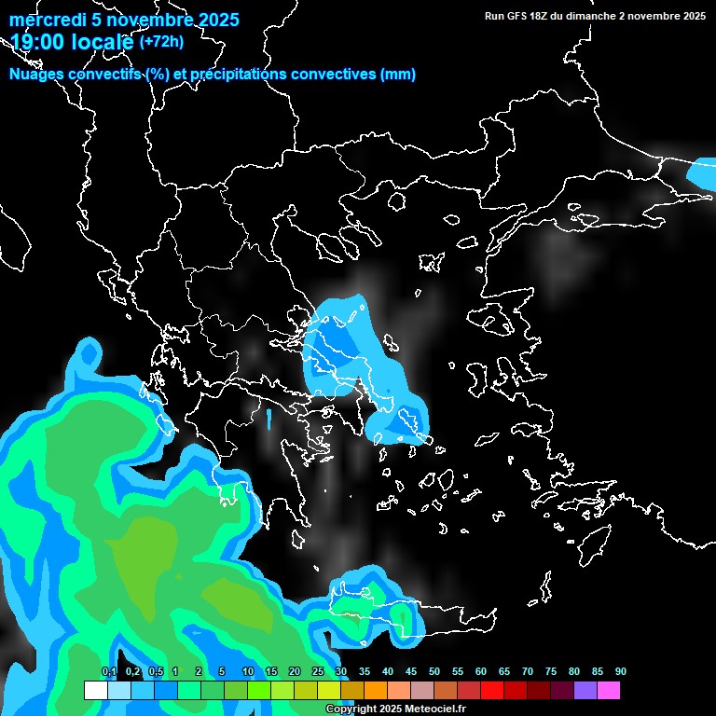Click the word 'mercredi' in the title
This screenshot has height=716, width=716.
point(43,20)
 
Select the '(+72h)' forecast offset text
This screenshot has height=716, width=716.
point(161,41)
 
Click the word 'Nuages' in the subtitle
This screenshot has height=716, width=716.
point(37,75)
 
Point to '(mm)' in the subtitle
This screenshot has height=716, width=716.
point(398,75)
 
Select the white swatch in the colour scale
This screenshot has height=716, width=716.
point(95,691)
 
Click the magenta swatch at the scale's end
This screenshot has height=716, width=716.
point(609,691)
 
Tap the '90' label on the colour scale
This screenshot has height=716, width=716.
point(620,671)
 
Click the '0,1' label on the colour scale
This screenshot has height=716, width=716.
point(108,671)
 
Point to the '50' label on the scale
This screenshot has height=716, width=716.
point(434,671)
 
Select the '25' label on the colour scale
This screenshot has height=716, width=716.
point(318,671)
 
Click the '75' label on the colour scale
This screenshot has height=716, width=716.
point(551,671)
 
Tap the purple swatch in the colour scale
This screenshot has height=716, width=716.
point(585,691)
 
